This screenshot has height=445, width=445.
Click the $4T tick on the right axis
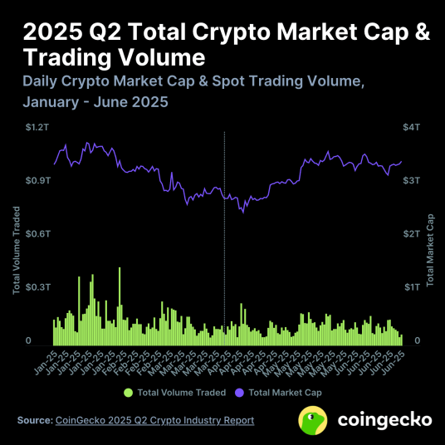(412, 127)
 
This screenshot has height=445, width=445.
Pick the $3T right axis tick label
(412, 180)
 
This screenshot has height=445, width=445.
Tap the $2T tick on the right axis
(412, 233)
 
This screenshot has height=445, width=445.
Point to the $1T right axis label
(412, 286)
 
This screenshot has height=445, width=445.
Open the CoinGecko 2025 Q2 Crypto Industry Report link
(154, 420)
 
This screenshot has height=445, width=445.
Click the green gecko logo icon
(311, 420)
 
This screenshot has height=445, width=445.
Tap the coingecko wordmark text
(384, 420)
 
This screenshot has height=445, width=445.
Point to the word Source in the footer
(33, 420)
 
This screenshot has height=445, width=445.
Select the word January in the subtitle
(55, 104)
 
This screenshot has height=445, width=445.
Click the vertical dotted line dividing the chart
(225, 232)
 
